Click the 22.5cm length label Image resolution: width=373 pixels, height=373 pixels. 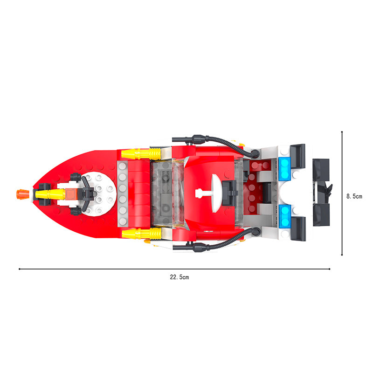(179, 277)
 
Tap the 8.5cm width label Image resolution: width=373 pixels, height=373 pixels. (354, 196)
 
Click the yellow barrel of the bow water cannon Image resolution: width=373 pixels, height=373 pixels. (49, 193)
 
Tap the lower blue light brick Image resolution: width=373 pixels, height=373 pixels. (284, 215)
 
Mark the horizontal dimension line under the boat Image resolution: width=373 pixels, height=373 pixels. (174, 269)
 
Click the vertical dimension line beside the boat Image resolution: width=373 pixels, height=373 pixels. (343, 193)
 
